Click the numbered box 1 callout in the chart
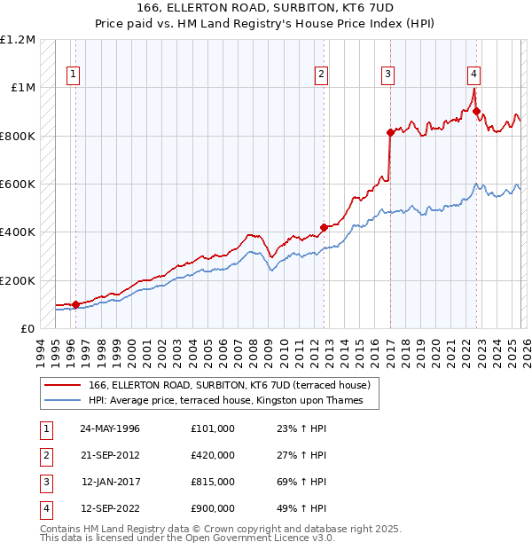[72, 75]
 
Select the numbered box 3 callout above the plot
[388, 75]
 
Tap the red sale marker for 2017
[390, 132]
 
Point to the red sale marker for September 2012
[324, 227]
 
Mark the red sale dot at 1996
[75, 304]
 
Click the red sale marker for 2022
[476, 112]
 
